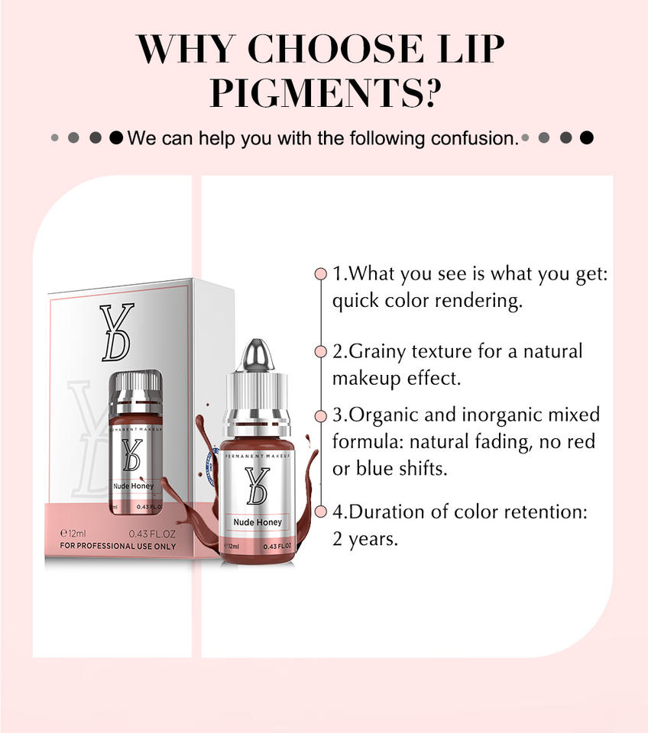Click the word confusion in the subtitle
(x=475, y=138)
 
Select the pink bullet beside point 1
(x=320, y=274)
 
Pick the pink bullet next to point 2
(x=320, y=351)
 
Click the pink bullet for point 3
(x=320, y=415)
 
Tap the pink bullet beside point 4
(x=320, y=512)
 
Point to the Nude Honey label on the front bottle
(x=258, y=522)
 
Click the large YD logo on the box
(x=116, y=332)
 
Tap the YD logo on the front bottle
(x=257, y=486)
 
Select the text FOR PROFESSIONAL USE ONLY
(x=118, y=546)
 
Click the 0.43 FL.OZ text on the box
(x=152, y=534)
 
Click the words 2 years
(x=365, y=539)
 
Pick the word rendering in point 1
(x=478, y=301)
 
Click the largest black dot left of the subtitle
(x=116, y=138)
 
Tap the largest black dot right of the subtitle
(x=587, y=138)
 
